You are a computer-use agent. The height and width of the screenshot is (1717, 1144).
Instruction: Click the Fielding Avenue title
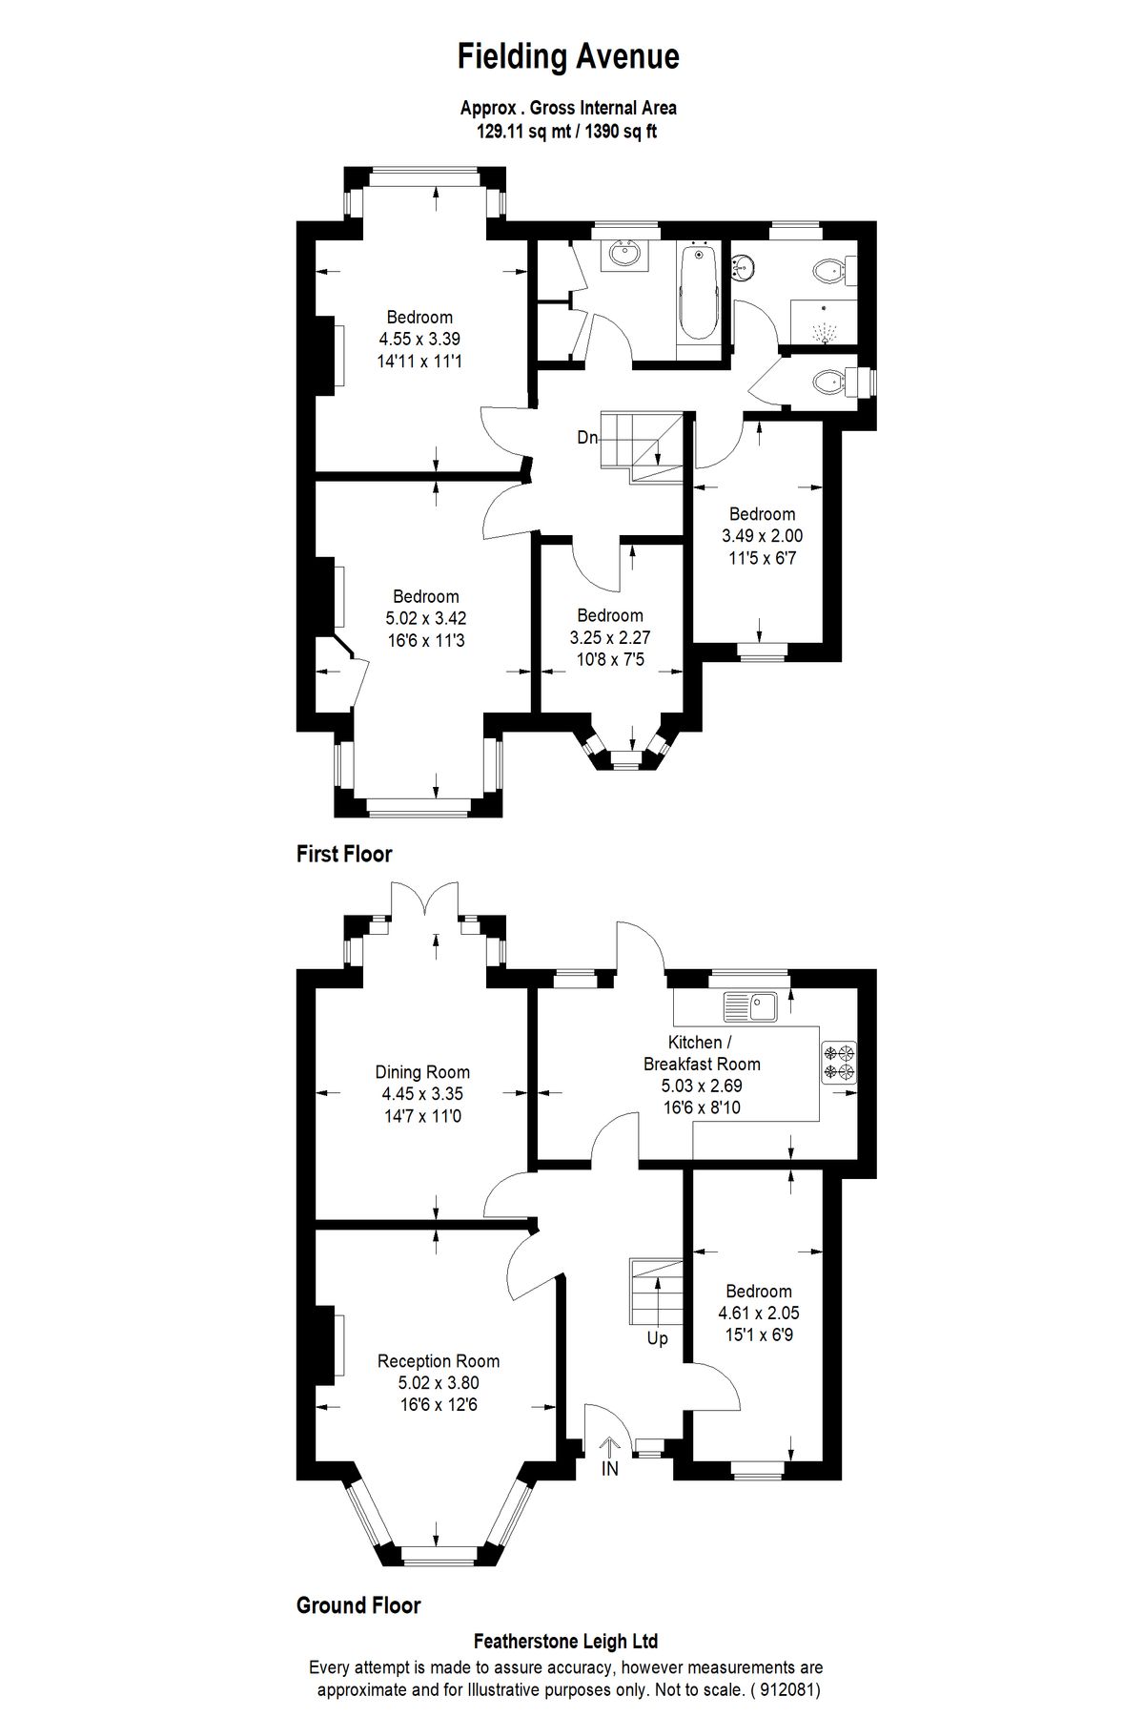coord(568,57)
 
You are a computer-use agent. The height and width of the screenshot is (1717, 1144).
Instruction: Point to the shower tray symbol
coord(823,324)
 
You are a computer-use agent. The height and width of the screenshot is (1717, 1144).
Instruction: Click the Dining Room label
coord(421,1072)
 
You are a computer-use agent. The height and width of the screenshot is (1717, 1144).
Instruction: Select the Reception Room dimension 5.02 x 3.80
coord(438,1383)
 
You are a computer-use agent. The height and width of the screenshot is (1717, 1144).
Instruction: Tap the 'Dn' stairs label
coord(587,438)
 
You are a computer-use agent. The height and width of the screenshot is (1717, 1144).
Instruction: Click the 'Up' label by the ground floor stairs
coord(657,1338)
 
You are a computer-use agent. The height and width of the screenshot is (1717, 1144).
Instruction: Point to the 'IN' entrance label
coord(609,1470)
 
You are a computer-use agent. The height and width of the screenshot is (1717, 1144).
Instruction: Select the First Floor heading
coord(344,854)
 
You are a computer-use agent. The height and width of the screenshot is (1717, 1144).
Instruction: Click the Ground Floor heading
coord(358,1605)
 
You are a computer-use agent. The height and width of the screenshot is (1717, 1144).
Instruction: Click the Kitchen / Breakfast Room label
coord(702,1053)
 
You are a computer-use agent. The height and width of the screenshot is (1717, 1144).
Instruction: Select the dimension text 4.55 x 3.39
coord(419,339)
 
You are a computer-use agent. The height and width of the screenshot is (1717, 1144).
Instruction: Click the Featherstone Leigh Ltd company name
coord(566,1642)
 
